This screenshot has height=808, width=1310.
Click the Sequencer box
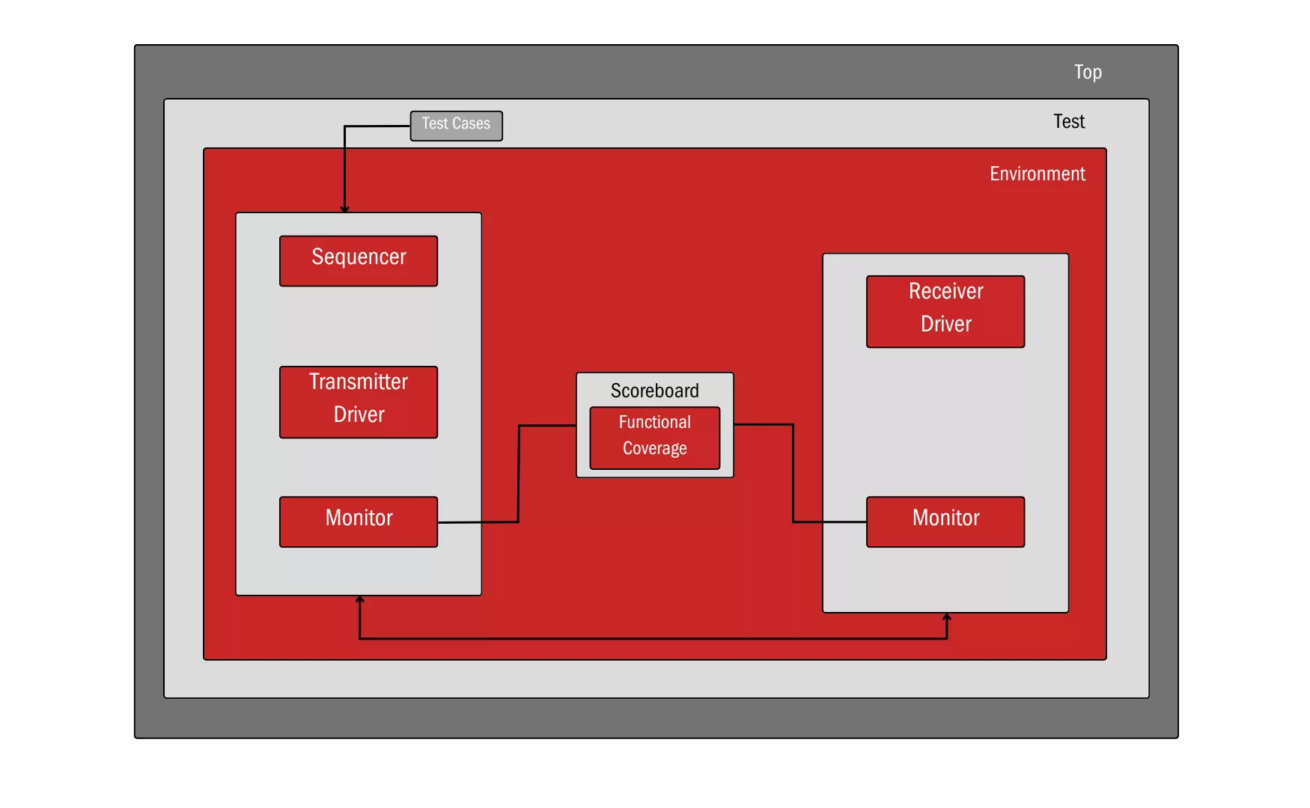point(359,261)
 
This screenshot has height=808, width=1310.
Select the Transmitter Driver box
point(359,402)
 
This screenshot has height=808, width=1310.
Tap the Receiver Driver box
point(945,311)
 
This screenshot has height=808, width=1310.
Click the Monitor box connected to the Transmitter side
point(359,521)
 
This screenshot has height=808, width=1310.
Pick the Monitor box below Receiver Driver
point(945,521)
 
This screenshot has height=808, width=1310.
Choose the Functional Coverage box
point(655,438)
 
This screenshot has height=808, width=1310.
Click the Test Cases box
point(456,126)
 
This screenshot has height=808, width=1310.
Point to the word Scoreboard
point(655,391)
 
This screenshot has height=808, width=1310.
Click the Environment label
point(1037,174)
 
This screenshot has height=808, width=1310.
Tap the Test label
point(1068,121)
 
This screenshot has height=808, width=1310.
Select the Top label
point(1087,72)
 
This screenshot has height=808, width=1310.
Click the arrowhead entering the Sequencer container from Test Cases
point(345,209)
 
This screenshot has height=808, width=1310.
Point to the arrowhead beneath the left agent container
point(360,600)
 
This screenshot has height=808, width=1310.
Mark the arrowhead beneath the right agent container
point(947,617)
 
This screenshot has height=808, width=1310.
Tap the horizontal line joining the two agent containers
point(651,639)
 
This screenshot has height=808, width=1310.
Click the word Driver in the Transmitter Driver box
point(359,414)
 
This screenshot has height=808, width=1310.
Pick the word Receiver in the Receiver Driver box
point(945,291)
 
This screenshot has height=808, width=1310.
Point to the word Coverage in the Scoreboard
point(655,448)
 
